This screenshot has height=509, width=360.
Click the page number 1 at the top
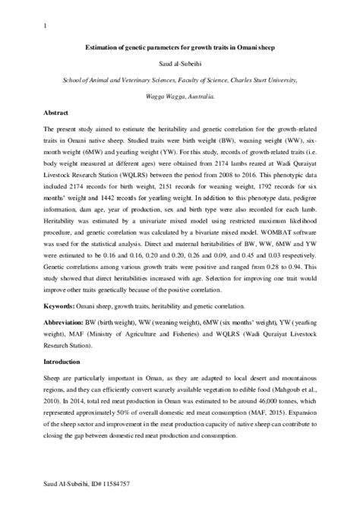(47, 27)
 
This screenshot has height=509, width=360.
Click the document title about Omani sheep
(180, 48)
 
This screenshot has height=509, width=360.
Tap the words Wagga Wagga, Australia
(180, 96)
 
